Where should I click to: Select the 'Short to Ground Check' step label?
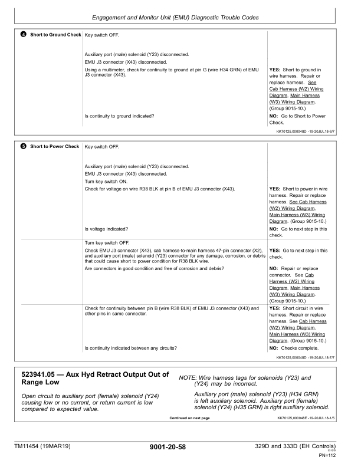tap(55, 35)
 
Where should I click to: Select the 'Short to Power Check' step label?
tap(54, 146)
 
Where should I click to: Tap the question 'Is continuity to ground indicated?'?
tap(120, 116)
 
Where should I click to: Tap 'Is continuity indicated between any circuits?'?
tap(131, 348)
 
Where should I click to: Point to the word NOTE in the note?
tap(187, 376)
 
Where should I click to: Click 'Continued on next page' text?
tap(189, 419)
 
